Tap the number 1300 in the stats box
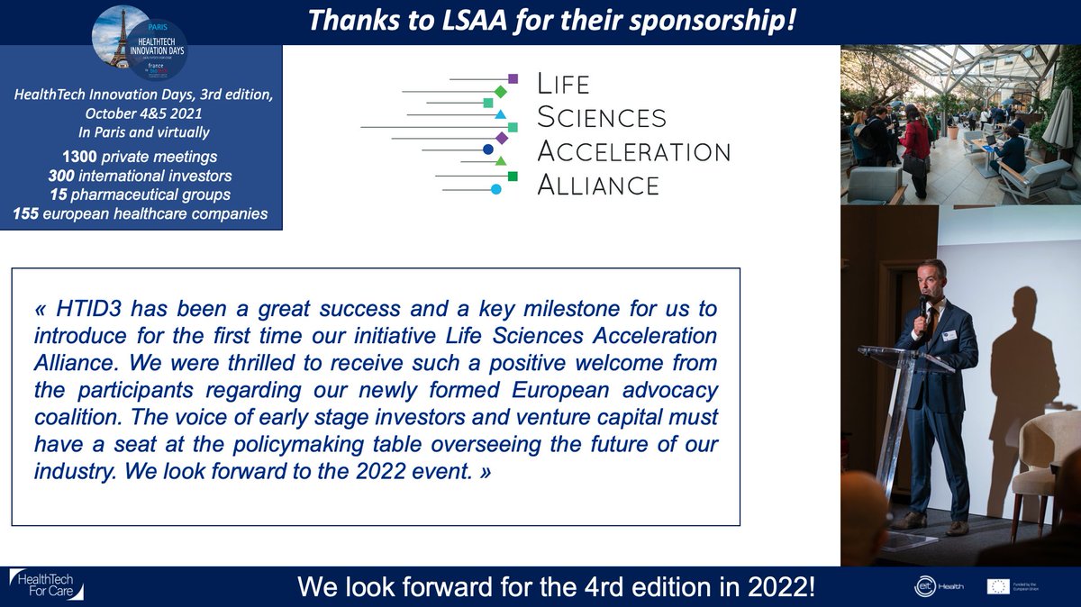pyautogui.click(x=67, y=158)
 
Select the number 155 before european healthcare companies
pyautogui.click(x=29, y=213)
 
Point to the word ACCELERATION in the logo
pyautogui.click(x=633, y=150)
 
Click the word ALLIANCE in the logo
pyautogui.click(x=598, y=185)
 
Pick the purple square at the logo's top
pyautogui.click(x=513, y=79)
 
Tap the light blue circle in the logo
pyautogui.click(x=495, y=189)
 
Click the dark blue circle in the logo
pyautogui.click(x=488, y=149)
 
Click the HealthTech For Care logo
pyautogui.click(x=47, y=584)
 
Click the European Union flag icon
pyautogui.click(x=997, y=586)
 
